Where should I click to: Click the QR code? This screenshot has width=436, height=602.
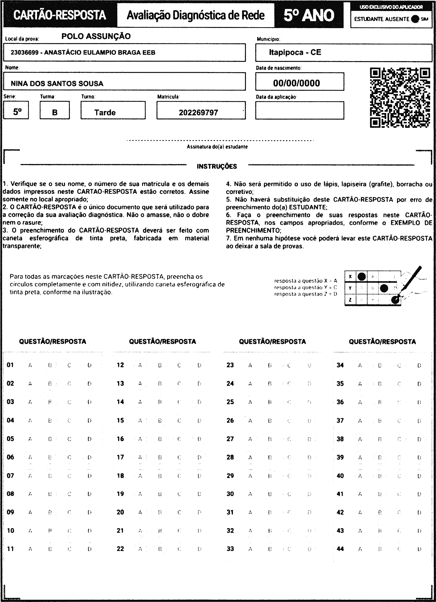point(400,98)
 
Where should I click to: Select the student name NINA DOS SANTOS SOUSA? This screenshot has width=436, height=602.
point(57,84)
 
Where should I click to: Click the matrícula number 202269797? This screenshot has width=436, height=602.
point(198,112)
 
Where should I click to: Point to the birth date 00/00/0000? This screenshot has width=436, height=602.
point(296,83)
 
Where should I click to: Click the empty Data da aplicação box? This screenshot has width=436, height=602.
point(300,110)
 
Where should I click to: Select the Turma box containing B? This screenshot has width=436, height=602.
point(55,112)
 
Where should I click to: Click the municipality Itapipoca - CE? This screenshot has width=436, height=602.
point(295,52)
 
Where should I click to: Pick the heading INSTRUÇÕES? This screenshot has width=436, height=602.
point(217,166)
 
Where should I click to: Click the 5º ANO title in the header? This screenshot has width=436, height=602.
point(309,15)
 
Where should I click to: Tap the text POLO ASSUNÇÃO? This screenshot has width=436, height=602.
point(96,36)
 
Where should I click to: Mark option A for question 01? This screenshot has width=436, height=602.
point(30,365)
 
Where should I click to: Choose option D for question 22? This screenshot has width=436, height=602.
point(199,549)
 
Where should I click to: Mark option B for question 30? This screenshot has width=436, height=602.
point(270,494)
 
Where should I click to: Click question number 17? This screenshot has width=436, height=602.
point(120,457)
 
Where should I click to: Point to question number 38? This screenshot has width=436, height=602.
point(340,439)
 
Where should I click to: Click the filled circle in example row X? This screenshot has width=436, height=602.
point(361,277)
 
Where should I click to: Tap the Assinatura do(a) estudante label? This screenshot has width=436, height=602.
point(217,147)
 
